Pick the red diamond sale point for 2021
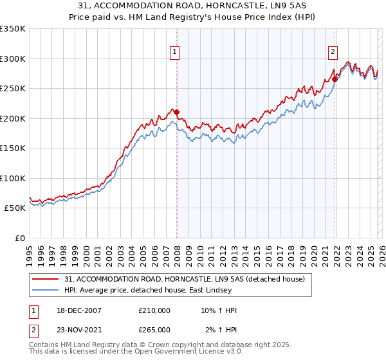point(335,80)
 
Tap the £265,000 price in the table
point(154,330)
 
